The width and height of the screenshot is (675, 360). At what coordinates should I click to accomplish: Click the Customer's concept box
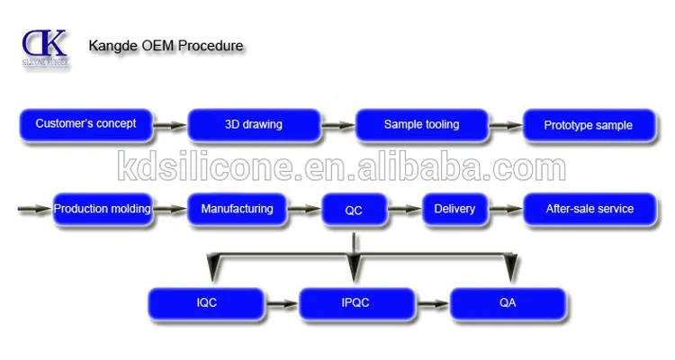pyautogui.click(x=85, y=125)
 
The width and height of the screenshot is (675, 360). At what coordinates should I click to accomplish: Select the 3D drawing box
pyautogui.click(x=253, y=125)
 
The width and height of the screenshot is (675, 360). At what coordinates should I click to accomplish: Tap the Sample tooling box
pyautogui.click(x=421, y=125)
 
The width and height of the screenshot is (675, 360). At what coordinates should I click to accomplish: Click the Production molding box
pyautogui.click(x=102, y=210)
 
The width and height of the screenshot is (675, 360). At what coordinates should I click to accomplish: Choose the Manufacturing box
pyautogui.click(x=238, y=210)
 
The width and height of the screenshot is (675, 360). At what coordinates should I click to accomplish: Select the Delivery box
pyautogui.click(x=454, y=210)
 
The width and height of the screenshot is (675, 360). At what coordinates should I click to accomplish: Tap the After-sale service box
pyautogui.click(x=589, y=210)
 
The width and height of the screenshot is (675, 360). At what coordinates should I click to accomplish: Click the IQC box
pyautogui.click(x=206, y=303)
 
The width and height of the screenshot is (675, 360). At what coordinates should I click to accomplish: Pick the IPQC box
pyautogui.click(x=357, y=303)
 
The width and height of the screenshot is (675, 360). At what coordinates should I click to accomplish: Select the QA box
pyautogui.click(x=508, y=303)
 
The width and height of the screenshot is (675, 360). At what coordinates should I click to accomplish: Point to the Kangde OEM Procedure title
pyautogui.click(x=165, y=45)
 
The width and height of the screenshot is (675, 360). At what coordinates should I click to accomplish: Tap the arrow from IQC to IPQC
pyautogui.click(x=281, y=304)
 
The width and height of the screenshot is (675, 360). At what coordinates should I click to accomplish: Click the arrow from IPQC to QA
pyautogui.click(x=432, y=304)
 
